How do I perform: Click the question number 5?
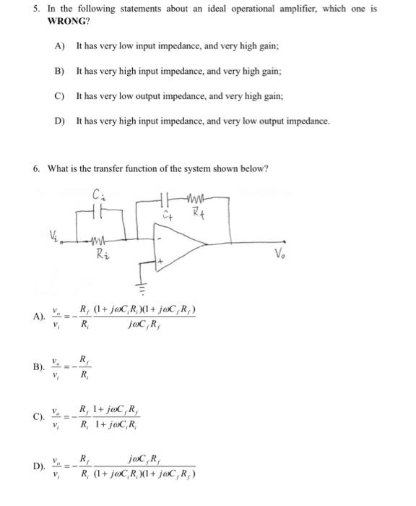coord(35,9)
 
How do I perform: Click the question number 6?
coord(36,168)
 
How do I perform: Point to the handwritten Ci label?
coord(100,193)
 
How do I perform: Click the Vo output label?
coord(280,254)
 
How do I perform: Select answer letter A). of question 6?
coord(40,316)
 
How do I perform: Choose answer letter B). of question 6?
coord(40,366)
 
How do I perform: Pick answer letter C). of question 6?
coord(40,418)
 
